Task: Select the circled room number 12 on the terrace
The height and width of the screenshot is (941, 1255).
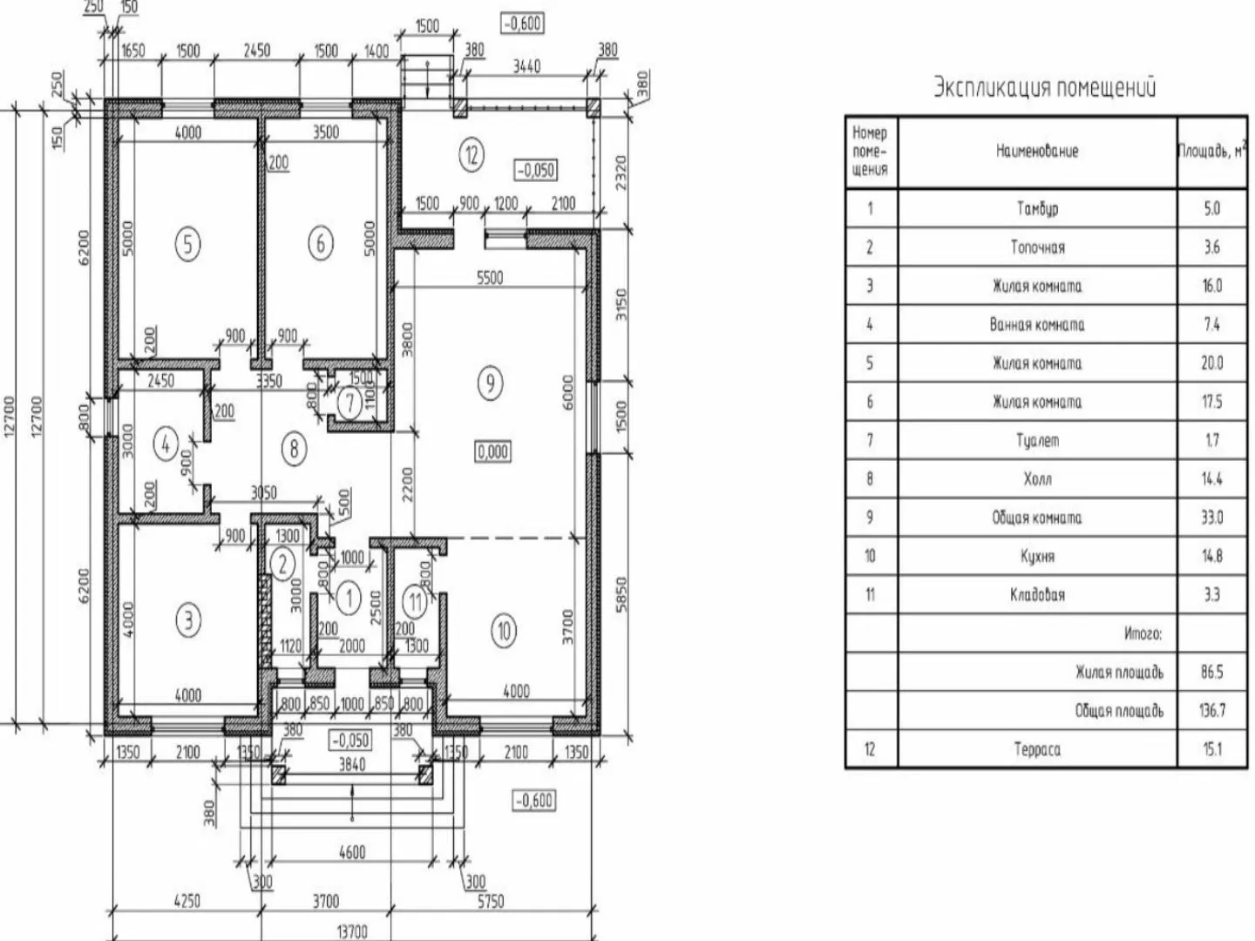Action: coord(471,155)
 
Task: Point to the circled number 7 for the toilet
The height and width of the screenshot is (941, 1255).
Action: coord(349,403)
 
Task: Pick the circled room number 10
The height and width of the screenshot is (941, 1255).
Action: coord(503,630)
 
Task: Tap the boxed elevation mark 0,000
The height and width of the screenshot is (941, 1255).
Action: coord(492,452)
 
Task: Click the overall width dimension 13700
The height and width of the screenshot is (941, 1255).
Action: coord(352,931)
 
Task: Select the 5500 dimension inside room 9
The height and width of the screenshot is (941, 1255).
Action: coord(489,277)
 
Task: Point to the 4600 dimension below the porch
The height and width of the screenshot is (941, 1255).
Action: coord(352,852)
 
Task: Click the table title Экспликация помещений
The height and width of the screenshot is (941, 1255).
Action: coord(1045,88)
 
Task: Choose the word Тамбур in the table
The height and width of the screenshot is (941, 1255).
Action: coord(1037,209)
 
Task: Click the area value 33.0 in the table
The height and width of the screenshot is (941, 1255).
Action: coord(1212,518)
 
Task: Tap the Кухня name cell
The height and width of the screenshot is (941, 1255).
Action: coord(1037,556)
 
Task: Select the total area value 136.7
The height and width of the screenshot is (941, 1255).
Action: coord(1212,711)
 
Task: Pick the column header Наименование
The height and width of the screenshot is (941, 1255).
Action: coord(1037,152)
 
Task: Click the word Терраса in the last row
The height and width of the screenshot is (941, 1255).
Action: coord(1037,749)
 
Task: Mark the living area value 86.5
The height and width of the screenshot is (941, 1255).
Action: coord(1212,672)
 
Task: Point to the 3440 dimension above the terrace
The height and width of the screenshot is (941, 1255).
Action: coord(526,65)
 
